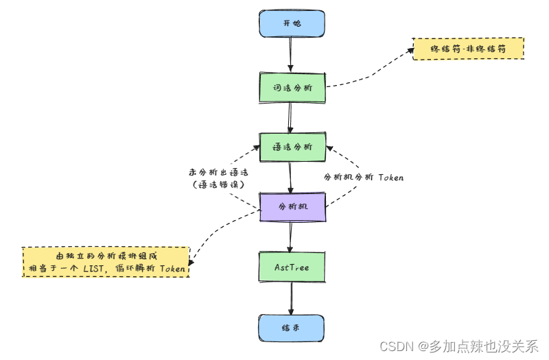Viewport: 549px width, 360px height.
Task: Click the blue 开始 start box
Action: point(292,23)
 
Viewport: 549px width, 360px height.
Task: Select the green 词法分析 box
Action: point(292,87)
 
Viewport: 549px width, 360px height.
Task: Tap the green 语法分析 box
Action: point(292,147)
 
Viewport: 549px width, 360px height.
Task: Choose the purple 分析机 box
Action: point(292,206)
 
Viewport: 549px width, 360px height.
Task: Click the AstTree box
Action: point(292,267)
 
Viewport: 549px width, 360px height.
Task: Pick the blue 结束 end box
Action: point(292,328)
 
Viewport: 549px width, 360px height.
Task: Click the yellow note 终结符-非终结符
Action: point(468,49)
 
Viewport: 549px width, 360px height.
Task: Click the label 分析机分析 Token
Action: point(364,177)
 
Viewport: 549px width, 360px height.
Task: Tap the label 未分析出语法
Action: point(217,172)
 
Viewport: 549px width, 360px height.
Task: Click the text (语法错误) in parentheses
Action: point(217,185)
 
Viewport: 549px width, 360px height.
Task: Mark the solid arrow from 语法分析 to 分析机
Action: point(292,176)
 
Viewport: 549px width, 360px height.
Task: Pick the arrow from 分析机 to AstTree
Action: point(292,237)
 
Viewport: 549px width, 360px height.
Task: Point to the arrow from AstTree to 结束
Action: point(292,298)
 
